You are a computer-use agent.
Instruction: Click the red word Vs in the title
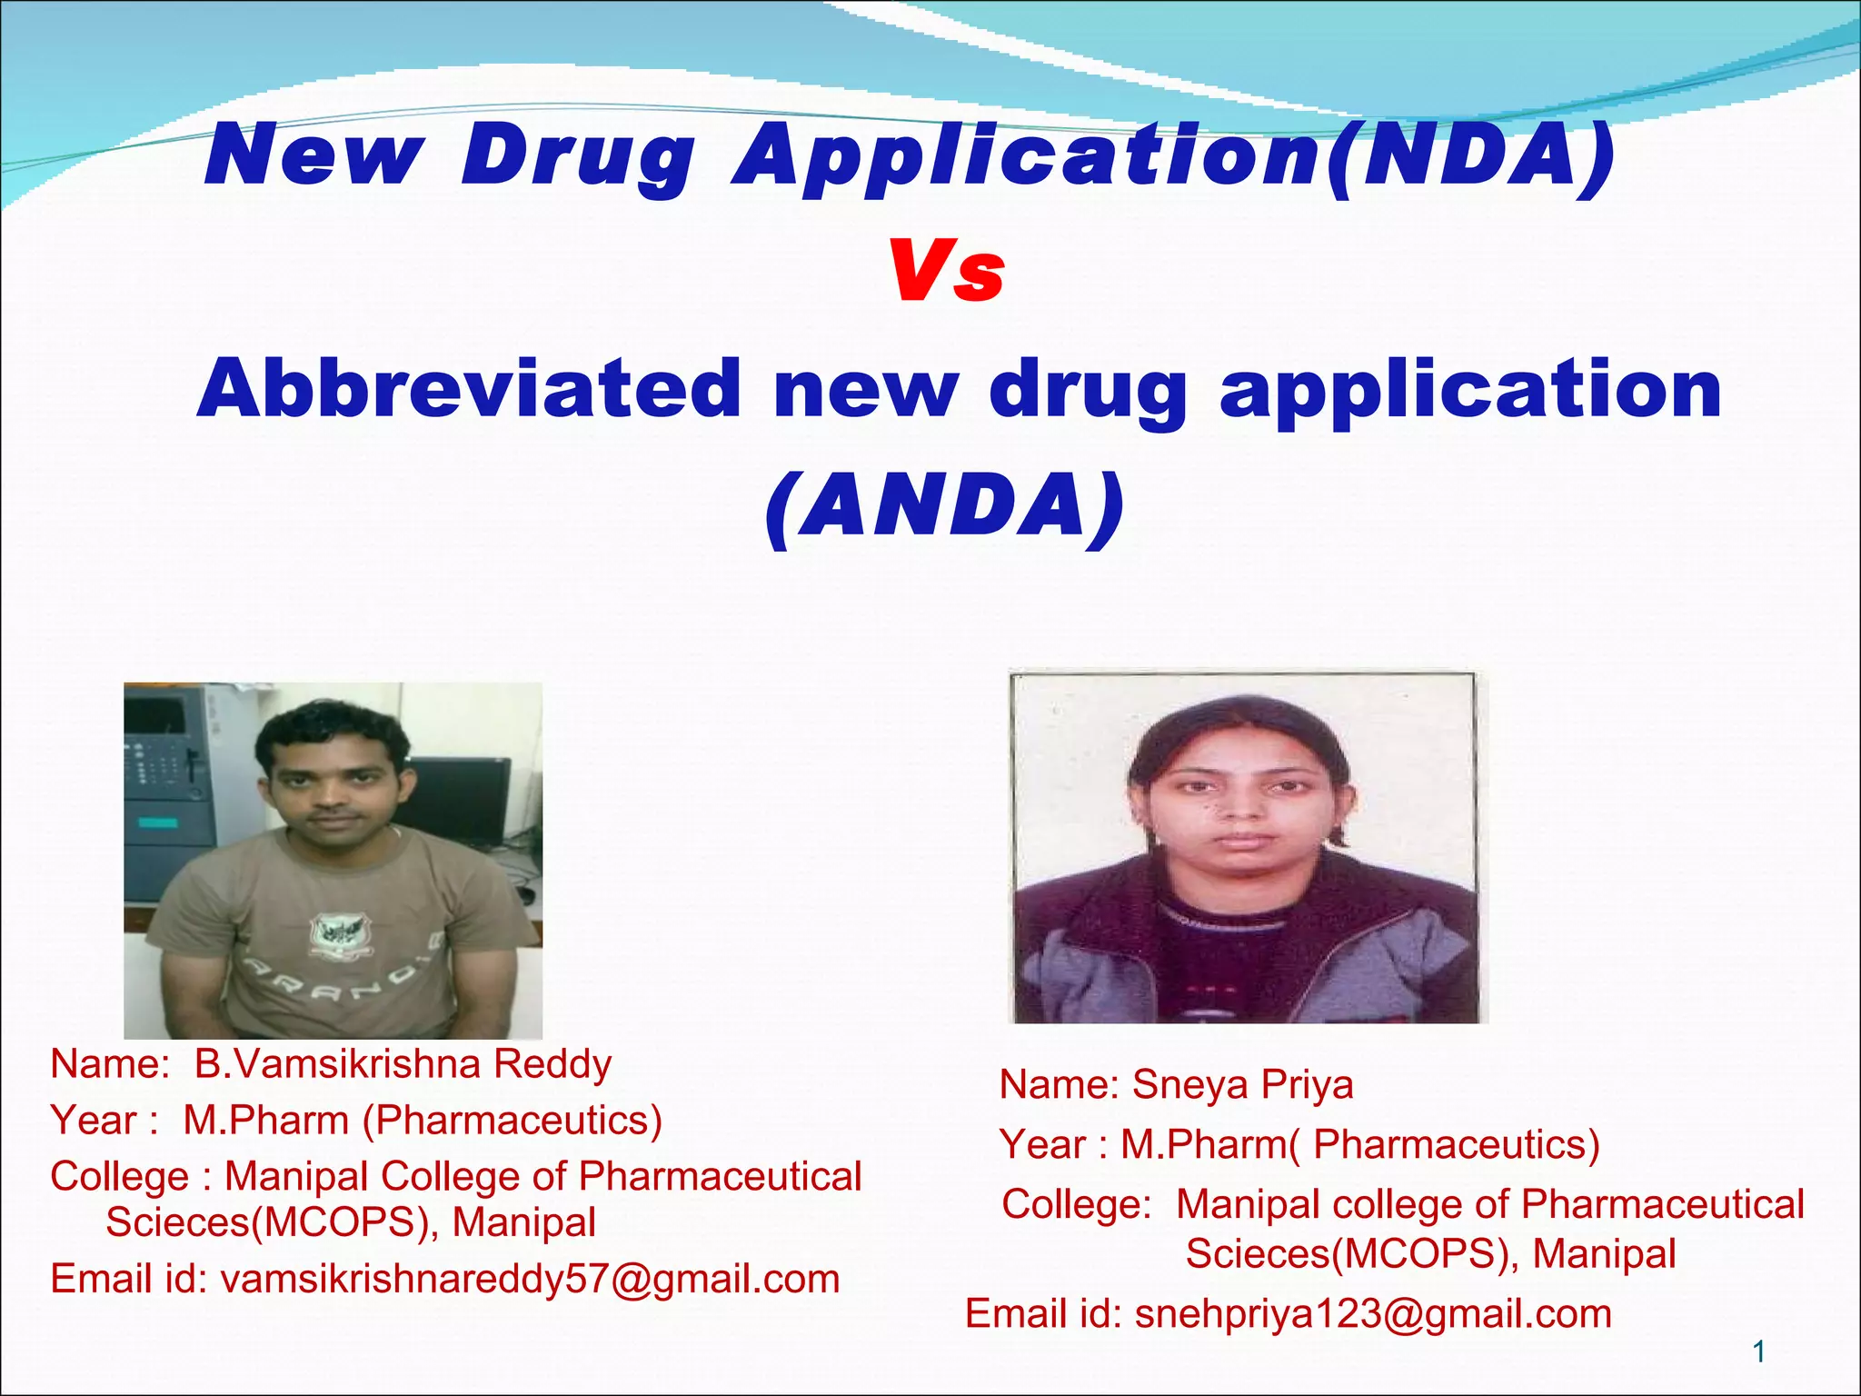(x=947, y=271)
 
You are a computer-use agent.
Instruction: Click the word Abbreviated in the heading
(x=469, y=389)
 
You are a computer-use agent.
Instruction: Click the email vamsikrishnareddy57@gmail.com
(x=530, y=1279)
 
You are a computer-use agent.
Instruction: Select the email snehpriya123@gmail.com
(x=1373, y=1314)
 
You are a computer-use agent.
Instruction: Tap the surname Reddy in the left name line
(x=552, y=1063)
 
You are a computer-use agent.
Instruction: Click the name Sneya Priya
(x=1242, y=1084)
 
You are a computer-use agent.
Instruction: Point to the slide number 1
(x=1758, y=1352)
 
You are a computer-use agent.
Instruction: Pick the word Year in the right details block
(x=1042, y=1144)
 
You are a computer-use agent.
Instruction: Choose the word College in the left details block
(x=119, y=1176)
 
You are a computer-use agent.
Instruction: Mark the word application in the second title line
(x=1470, y=389)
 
